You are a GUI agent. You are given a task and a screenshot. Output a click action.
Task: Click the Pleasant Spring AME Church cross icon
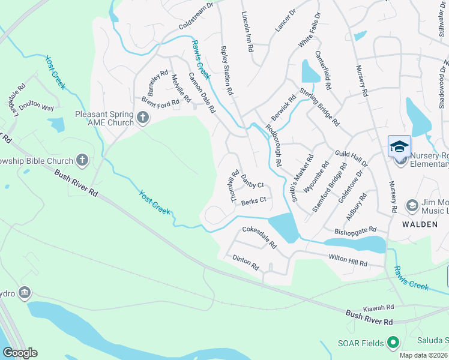pos(143,118)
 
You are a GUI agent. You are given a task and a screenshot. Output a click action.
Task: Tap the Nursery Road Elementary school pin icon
pos(399,147)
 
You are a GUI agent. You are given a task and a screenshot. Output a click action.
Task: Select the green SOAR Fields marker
pos(393,343)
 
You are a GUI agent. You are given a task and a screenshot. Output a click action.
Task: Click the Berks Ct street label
pos(253,202)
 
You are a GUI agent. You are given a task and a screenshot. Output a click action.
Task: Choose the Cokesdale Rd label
pos(259,238)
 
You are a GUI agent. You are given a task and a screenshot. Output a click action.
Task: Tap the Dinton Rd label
pos(245,262)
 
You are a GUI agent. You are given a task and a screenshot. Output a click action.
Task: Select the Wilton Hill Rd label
pos(348,259)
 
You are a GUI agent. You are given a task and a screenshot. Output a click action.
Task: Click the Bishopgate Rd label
pos(354,230)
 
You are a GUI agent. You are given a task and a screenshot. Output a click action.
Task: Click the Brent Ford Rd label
pos(160,101)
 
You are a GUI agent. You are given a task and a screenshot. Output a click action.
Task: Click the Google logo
pos(20,353)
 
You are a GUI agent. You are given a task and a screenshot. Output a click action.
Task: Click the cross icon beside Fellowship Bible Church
pos(83,160)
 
